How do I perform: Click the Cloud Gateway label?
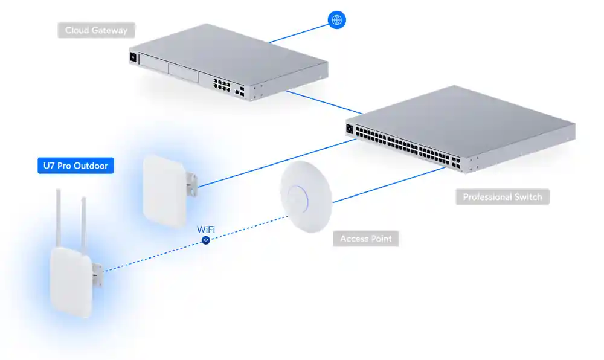[97, 30]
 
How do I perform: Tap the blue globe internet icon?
[337, 20]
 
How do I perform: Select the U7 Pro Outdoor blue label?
[75, 166]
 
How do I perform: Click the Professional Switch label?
[503, 197]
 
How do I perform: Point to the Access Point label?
[366, 239]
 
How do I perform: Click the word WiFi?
[206, 230]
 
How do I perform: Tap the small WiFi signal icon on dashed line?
[206, 240]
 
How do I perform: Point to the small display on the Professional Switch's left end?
[349, 128]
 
